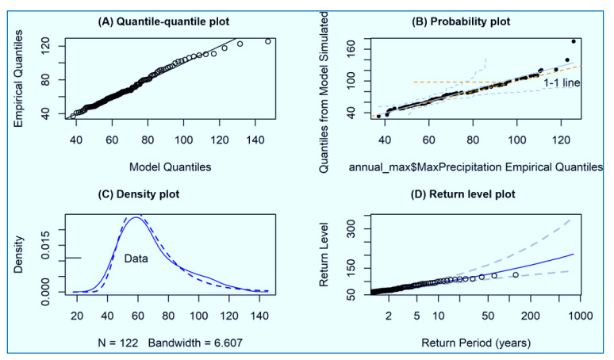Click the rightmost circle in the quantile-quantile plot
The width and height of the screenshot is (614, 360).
click(x=267, y=42)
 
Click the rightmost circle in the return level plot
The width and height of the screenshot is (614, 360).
click(x=516, y=275)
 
